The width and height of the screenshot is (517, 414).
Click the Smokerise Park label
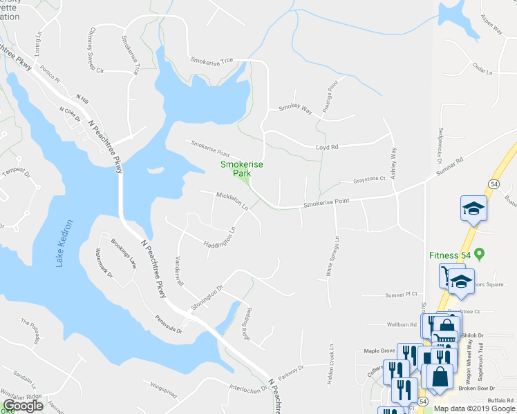pos(236,169)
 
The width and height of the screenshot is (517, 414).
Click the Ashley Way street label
pos(394,162)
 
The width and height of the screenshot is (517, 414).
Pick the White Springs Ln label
pos(333,258)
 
